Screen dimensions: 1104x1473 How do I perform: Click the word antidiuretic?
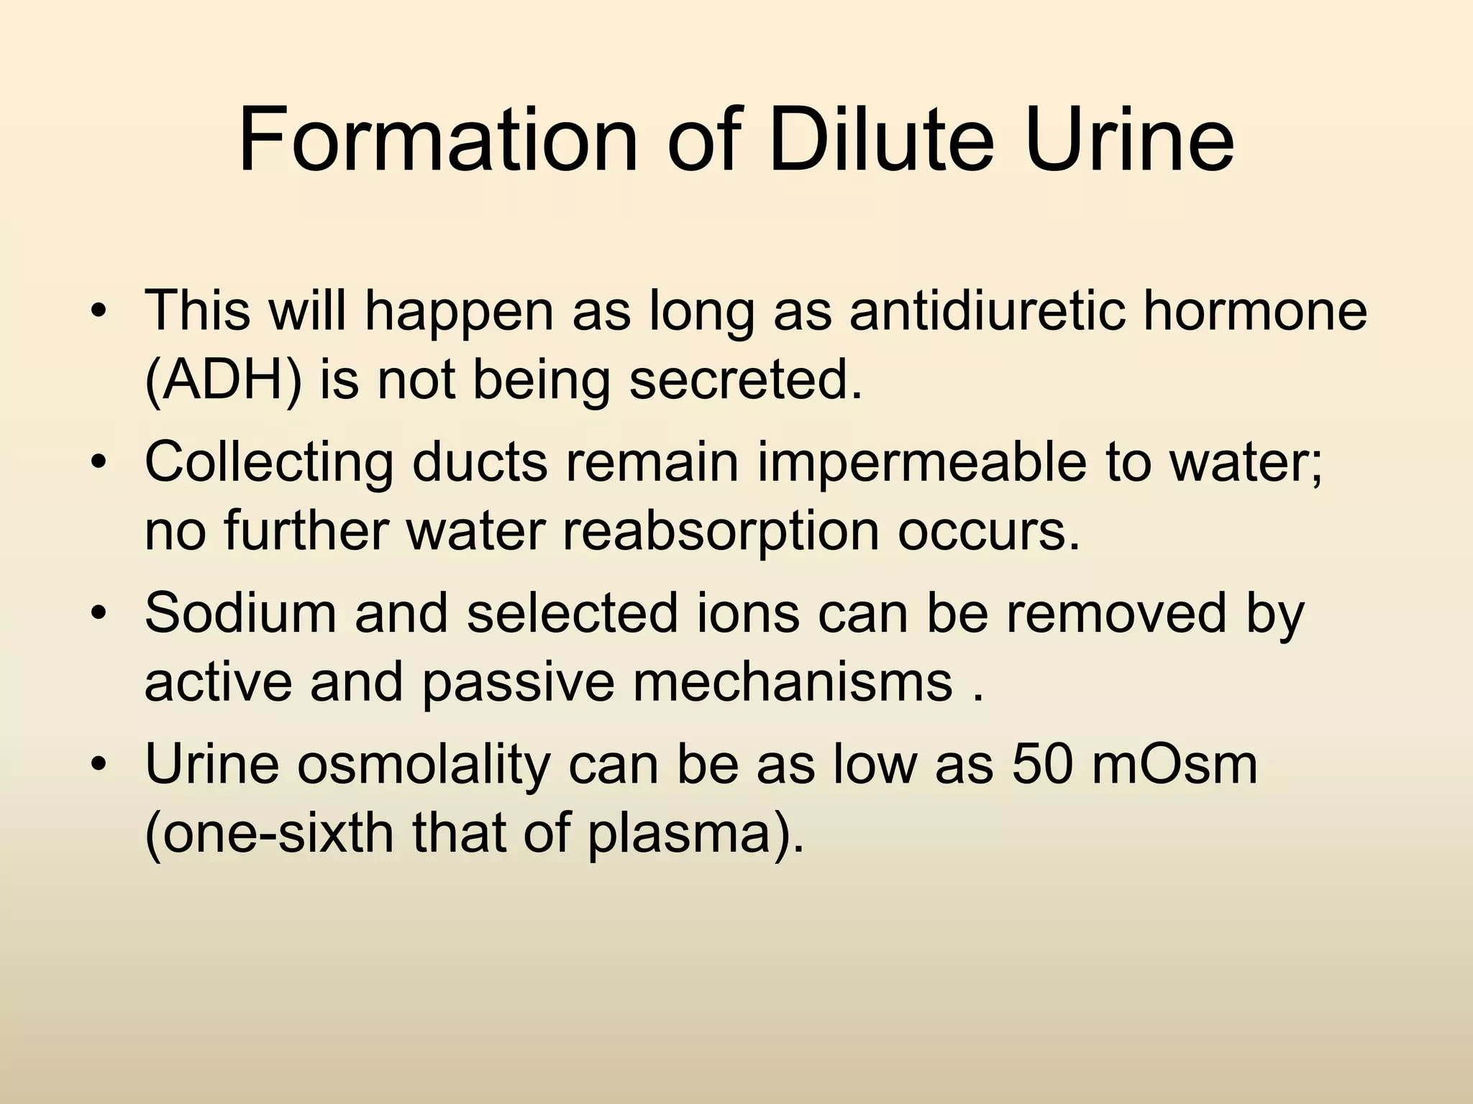pos(986,310)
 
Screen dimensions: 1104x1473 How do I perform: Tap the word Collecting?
pos(269,461)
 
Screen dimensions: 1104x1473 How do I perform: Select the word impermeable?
pos(922,461)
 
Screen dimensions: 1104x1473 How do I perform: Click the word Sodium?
pos(240,612)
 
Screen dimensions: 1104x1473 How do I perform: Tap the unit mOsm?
pos(1175,763)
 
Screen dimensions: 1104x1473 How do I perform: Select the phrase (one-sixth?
pos(269,834)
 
